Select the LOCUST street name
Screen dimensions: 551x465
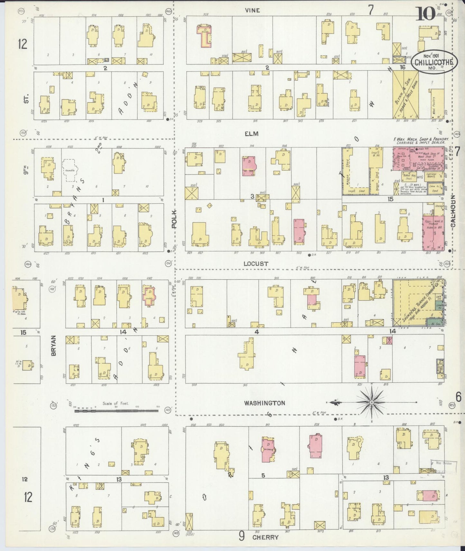tap(256, 264)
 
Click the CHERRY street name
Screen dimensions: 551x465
tap(265, 537)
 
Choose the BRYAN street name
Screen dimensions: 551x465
tap(53, 345)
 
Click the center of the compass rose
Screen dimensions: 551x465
tap(372, 402)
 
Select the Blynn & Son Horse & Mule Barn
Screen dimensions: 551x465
tap(405, 95)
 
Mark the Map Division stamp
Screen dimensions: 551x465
tap(443, 463)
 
